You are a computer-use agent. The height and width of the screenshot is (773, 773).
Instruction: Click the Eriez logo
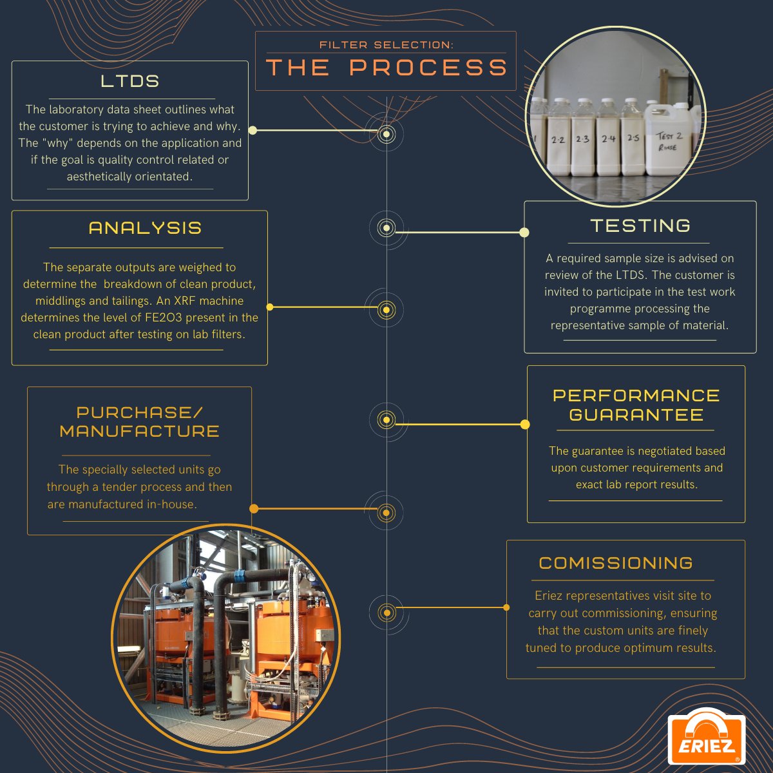coord(706,739)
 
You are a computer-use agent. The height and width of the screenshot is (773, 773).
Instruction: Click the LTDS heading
coord(130,81)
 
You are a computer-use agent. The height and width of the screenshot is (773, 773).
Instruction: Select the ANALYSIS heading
coord(145,228)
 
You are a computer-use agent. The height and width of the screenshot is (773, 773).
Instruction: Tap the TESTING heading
coord(640,225)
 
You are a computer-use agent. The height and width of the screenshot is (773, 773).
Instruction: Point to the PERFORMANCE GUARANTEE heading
coord(636,405)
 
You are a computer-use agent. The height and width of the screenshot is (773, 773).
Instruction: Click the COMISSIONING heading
coord(616,563)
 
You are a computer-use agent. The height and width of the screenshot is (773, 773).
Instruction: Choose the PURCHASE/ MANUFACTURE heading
coord(139,422)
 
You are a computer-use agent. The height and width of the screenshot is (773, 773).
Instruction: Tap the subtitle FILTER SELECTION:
coord(386,44)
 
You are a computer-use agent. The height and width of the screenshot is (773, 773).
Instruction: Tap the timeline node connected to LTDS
coord(386,134)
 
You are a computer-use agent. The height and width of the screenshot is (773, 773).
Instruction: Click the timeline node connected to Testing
coord(386,227)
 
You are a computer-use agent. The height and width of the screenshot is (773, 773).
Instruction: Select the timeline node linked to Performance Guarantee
coord(386,420)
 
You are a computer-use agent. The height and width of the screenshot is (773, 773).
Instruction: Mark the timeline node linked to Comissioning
coord(386,612)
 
